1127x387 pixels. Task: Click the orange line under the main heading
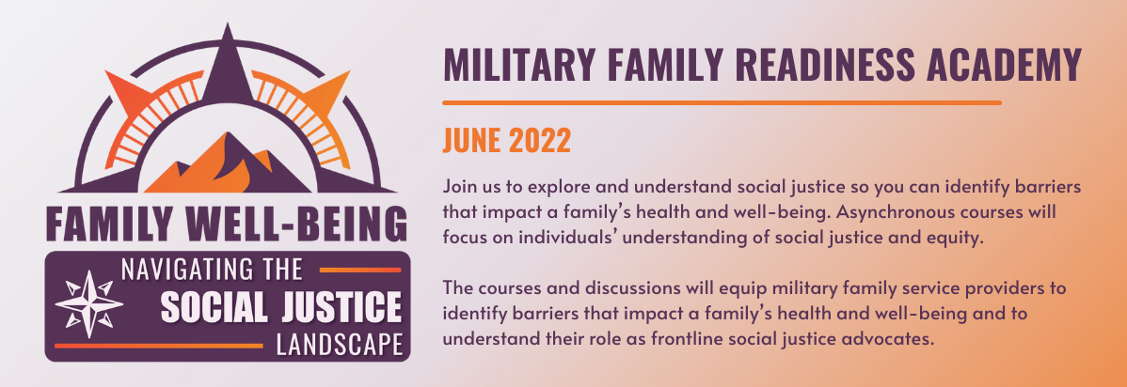pos(722,102)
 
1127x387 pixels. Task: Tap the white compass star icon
pos(89,304)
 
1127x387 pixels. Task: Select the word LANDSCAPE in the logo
pos(340,346)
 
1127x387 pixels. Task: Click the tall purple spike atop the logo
pos(229,69)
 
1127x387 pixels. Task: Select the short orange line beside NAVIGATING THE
pos(360,270)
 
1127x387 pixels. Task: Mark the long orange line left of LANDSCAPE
pos(159,346)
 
